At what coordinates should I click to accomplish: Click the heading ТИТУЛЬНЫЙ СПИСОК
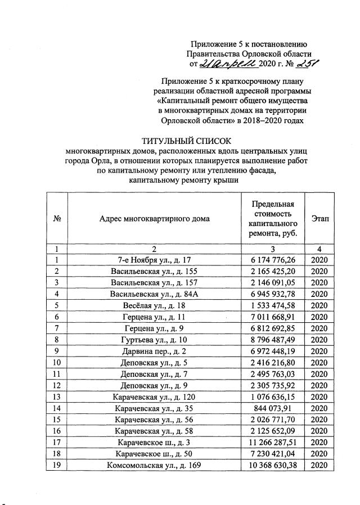pyautogui.click(x=186, y=141)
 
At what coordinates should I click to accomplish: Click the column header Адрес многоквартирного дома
pyautogui.click(x=154, y=219)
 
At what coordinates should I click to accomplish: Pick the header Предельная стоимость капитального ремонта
pyautogui.click(x=272, y=219)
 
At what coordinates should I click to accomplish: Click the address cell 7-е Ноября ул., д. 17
pyautogui.click(x=155, y=260)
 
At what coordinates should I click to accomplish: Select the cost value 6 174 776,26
pyautogui.click(x=272, y=260)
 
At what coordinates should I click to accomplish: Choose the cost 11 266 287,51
pyautogui.click(x=272, y=441)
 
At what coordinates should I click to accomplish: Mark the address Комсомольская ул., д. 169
pyautogui.click(x=155, y=465)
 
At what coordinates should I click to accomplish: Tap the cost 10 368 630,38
pyautogui.click(x=272, y=465)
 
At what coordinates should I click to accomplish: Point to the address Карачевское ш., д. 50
pyautogui.click(x=155, y=453)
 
